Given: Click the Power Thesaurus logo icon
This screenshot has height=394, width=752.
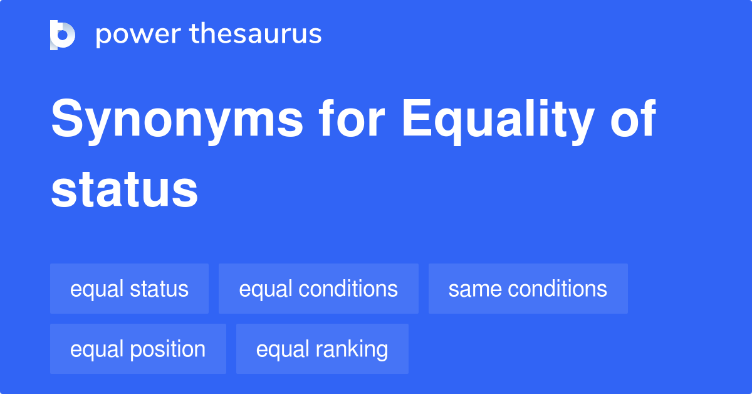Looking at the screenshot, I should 63,35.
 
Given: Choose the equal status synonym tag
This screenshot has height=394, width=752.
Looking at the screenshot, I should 129,289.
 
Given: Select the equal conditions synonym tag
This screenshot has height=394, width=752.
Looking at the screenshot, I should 318,289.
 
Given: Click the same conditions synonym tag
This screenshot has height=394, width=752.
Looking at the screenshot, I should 528,289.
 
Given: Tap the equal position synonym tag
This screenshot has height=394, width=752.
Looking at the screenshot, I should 138,349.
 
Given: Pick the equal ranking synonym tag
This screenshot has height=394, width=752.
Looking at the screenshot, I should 322,349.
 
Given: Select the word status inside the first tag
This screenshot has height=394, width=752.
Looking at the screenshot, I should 159,289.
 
